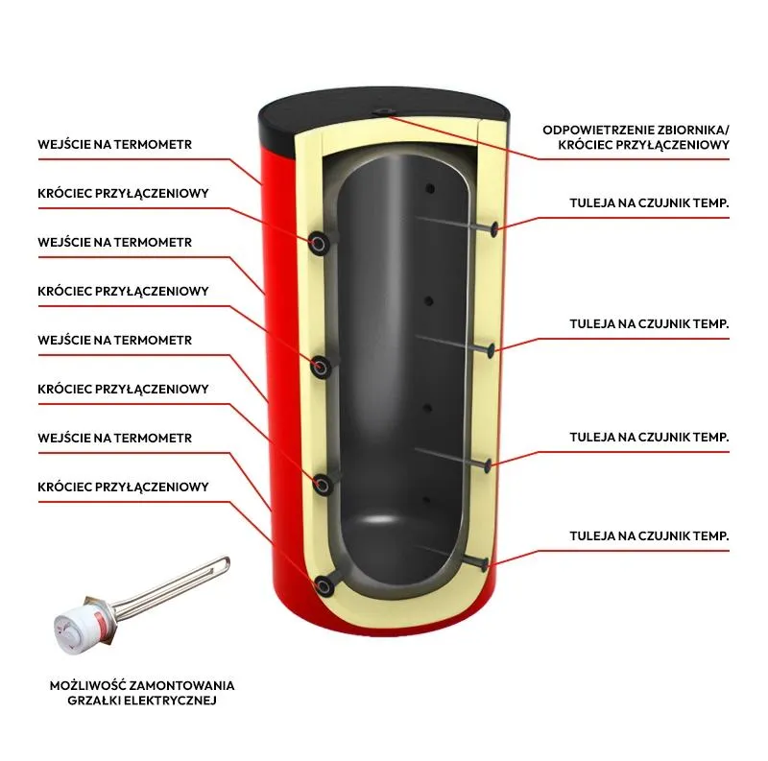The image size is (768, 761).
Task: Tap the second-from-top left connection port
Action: coord(320,365)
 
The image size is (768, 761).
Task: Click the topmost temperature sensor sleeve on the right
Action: coord(493,228)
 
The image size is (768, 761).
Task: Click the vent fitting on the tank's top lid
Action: coord(385,111)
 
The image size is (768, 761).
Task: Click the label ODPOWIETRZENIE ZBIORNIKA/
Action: coord(636,130)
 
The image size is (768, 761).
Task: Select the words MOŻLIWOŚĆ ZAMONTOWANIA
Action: coord(142,685)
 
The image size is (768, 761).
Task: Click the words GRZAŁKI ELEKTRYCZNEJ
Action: coord(142,702)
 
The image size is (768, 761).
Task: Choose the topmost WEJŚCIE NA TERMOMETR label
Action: coord(115,145)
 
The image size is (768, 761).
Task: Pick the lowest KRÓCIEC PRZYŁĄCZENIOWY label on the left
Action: coord(123,488)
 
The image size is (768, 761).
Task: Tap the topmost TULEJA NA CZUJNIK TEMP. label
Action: coord(649,203)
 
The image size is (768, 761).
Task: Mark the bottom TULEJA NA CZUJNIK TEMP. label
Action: coord(649,535)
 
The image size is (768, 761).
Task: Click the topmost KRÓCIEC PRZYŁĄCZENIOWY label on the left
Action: coord(123,193)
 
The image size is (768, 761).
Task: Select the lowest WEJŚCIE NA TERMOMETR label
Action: coord(115,439)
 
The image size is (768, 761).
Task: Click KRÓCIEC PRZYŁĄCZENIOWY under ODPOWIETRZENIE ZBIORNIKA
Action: coord(642,146)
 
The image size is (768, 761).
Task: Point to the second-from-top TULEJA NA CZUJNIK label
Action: coord(649,324)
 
